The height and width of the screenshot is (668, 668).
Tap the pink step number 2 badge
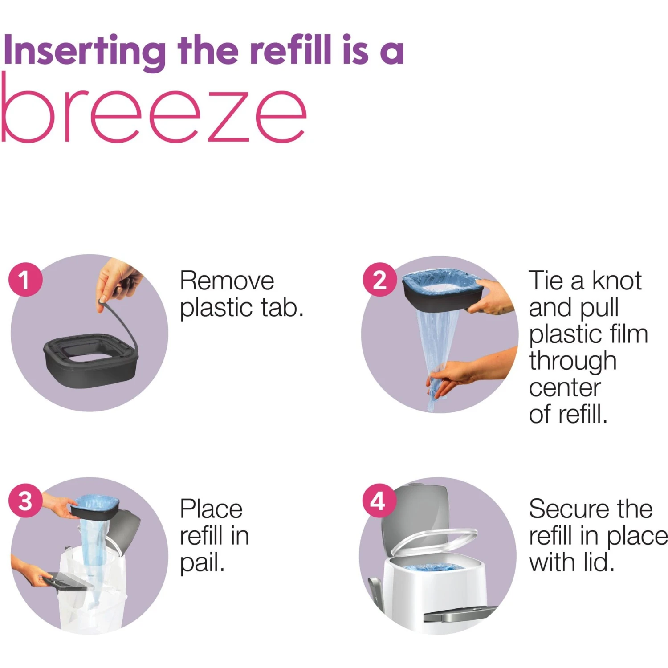pyautogui.click(x=379, y=280)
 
